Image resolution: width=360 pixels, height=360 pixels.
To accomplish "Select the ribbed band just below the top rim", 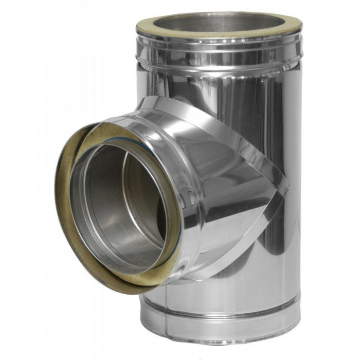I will point(219,51).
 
